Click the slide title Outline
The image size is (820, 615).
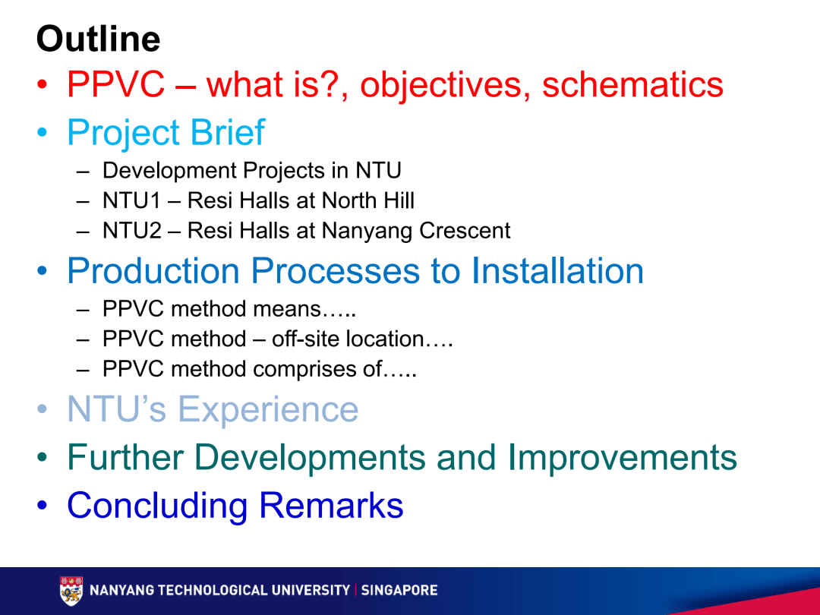pos(98,39)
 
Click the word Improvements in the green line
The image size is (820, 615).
pos(622,458)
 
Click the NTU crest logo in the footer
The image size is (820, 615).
pos(71,591)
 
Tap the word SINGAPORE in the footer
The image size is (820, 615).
pos(399,590)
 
